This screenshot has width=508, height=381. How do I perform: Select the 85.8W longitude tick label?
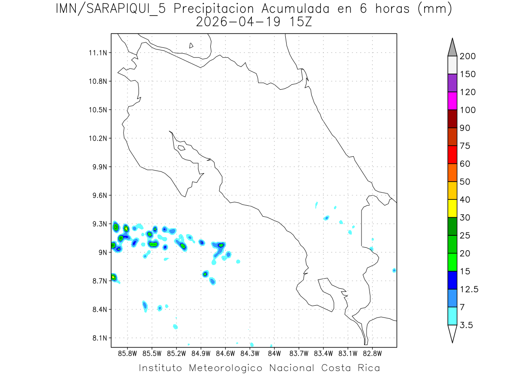tap(128, 353)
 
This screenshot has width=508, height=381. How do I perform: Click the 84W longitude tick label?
tap(274, 353)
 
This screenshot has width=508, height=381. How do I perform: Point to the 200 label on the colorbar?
tap(467, 57)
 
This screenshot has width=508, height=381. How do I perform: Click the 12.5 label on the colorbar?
tap(469, 290)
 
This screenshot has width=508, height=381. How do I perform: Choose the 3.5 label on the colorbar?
tap(467, 325)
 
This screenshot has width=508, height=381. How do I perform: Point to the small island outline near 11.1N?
tap(191, 45)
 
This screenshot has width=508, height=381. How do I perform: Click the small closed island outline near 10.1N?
tap(181, 148)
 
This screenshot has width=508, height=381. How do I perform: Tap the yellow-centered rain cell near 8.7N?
tap(113, 277)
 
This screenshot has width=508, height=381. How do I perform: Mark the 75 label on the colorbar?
tap(465, 146)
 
